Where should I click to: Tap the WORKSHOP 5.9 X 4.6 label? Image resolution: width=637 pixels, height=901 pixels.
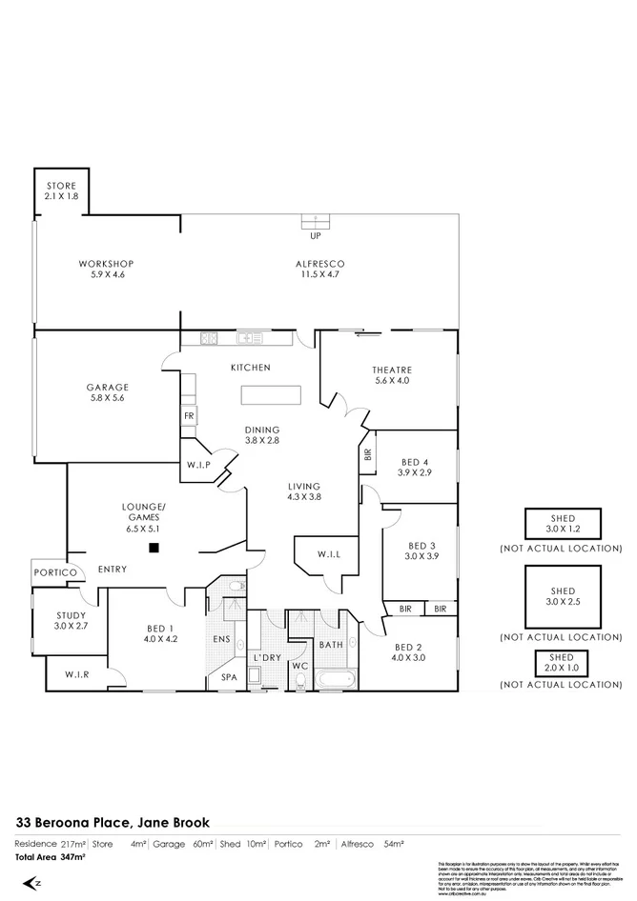(x=105, y=269)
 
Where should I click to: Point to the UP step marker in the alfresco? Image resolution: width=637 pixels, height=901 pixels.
(x=315, y=235)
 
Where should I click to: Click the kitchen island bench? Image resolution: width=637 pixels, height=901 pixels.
(x=270, y=394)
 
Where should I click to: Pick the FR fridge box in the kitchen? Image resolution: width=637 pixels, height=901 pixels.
(x=189, y=416)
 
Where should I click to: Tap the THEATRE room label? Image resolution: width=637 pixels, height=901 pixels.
(x=391, y=375)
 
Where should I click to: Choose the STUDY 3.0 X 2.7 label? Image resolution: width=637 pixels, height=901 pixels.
(x=71, y=621)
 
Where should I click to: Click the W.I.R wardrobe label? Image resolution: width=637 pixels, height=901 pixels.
(x=77, y=675)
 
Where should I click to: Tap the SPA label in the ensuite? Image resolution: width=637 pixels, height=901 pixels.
(x=229, y=676)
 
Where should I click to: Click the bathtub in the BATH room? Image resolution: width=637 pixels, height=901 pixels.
(x=331, y=680)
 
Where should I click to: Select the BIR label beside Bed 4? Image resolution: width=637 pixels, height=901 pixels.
(x=368, y=454)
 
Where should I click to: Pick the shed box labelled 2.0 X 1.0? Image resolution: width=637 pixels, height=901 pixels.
(x=562, y=663)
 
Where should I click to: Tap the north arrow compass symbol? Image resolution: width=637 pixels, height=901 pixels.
(x=31, y=883)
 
